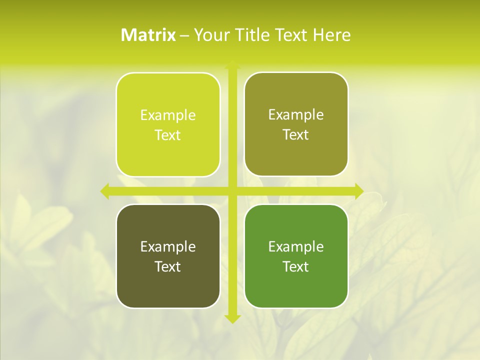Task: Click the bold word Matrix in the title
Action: (x=148, y=35)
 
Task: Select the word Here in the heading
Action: (x=331, y=35)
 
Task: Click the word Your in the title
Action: (x=212, y=35)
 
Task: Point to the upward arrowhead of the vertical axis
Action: (x=232, y=65)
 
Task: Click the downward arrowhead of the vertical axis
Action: (x=232, y=318)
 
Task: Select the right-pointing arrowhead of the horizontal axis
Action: (x=358, y=191)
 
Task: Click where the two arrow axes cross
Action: (x=232, y=191)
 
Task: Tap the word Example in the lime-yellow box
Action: (x=168, y=115)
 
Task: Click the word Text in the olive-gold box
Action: (x=296, y=135)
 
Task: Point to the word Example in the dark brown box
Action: (x=168, y=247)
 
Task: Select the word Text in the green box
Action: (x=296, y=266)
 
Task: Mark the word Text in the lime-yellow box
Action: (x=168, y=135)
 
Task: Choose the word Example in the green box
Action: (x=296, y=247)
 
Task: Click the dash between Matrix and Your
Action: (x=184, y=35)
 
